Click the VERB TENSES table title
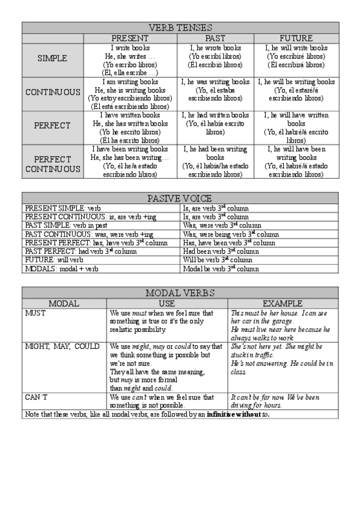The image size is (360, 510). click(x=180, y=28)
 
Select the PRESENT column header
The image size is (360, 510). click(x=130, y=38)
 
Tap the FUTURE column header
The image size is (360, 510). click(x=296, y=38)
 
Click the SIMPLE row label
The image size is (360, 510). click(x=52, y=59)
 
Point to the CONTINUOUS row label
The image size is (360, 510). click(x=53, y=93)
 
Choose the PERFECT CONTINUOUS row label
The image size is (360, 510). click(x=53, y=164)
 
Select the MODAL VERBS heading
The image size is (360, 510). click(x=180, y=293)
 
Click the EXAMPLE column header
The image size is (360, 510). click(x=282, y=304)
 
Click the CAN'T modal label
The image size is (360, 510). click(x=35, y=398)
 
